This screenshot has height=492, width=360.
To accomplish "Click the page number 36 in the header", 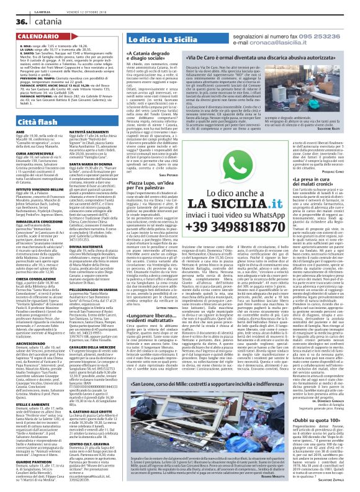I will [14, 20].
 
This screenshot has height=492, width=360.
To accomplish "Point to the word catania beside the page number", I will [46, 21].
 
